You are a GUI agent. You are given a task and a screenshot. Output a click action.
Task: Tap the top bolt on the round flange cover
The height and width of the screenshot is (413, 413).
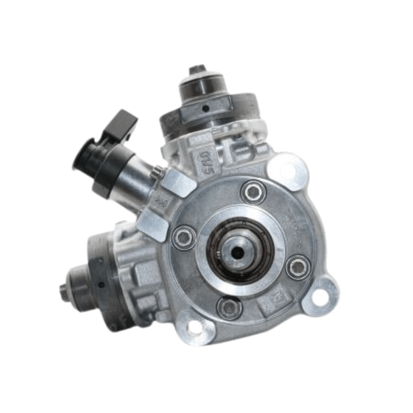click(253, 192)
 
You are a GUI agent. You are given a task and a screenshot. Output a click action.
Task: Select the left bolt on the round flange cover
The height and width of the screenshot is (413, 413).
click(184, 238)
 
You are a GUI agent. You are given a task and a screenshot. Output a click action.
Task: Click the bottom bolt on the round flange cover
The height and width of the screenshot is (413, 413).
click(229, 308)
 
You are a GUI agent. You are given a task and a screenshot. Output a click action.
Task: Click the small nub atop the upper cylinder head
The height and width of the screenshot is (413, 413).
click(197, 69)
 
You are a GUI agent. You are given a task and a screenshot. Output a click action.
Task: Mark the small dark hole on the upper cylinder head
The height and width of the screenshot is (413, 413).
click(205, 108)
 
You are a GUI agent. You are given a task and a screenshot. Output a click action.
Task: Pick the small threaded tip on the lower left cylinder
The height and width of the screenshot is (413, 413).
click(63, 291)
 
